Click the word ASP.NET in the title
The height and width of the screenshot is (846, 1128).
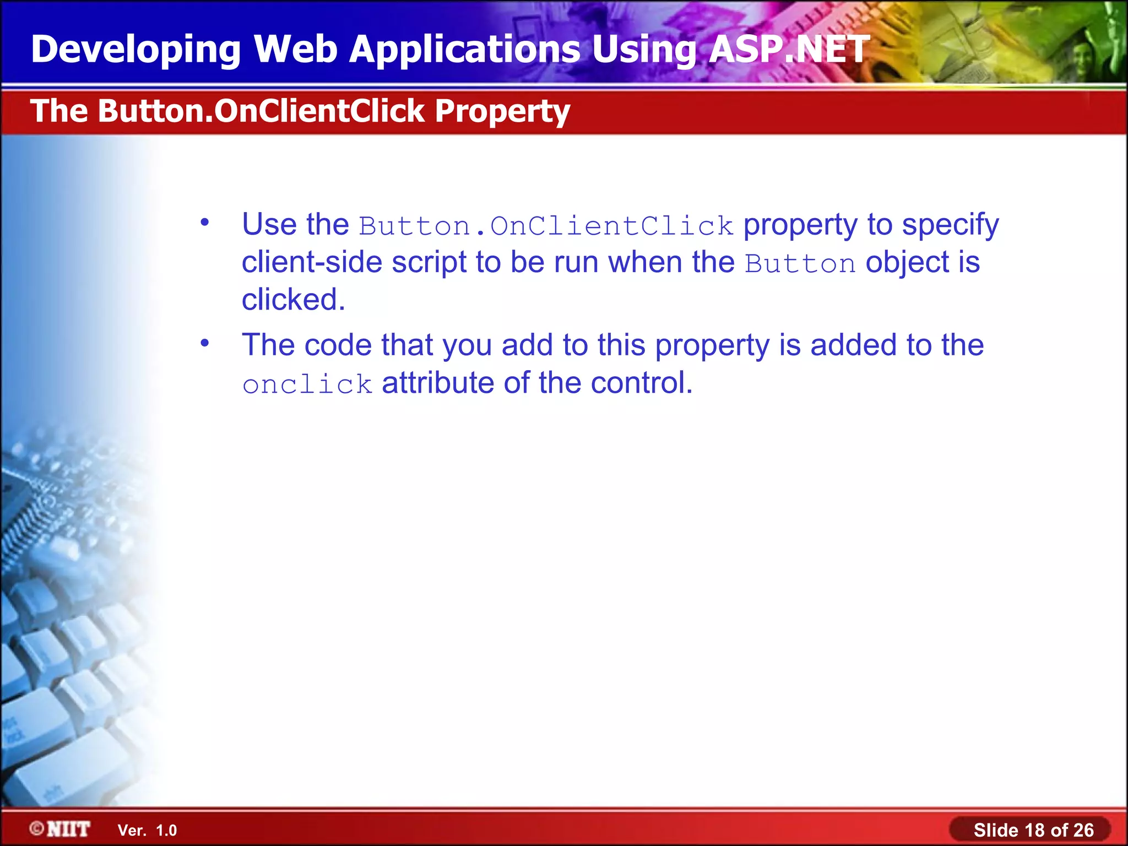tap(789, 50)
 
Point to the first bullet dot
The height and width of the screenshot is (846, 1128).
tap(205, 223)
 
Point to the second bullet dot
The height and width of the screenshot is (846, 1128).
tap(205, 343)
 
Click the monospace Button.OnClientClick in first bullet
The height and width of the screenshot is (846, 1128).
tap(546, 226)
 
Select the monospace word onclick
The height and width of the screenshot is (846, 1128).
tap(307, 384)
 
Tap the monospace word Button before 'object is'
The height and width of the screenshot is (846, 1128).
tap(800, 264)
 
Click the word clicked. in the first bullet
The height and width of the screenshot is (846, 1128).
tap(293, 300)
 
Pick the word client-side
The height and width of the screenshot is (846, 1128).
tap(312, 262)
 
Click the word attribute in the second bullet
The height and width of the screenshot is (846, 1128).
tap(438, 383)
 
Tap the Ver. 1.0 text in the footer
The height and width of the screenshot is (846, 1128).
tap(147, 831)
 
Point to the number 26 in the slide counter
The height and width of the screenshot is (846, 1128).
tap(1083, 830)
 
